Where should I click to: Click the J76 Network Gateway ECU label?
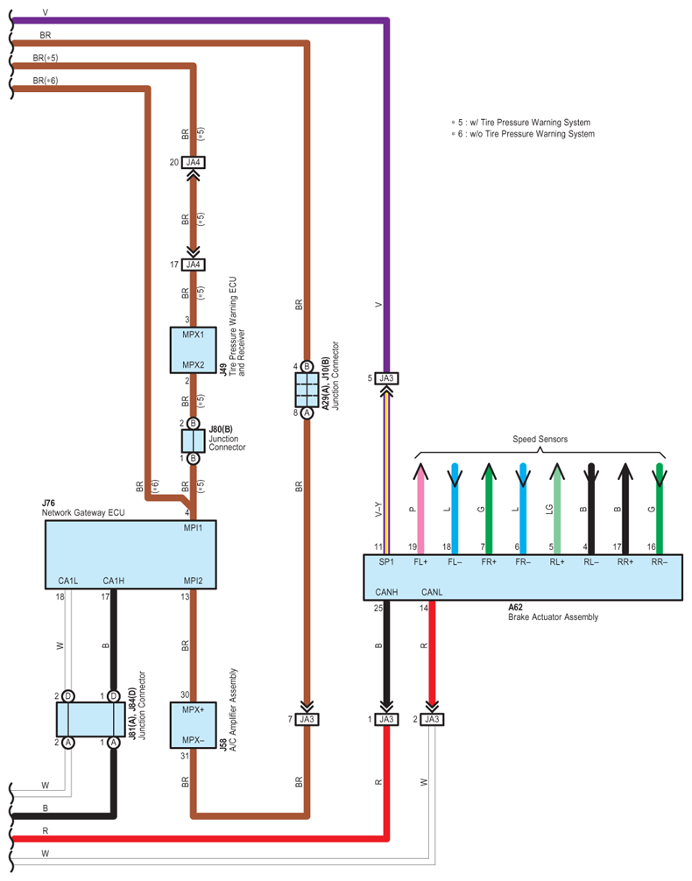click(83, 508)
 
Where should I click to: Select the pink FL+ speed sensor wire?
click(420, 509)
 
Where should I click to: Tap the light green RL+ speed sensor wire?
click(557, 509)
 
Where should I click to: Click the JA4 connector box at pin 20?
click(193, 162)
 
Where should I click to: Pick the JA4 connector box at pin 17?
click(193, 264)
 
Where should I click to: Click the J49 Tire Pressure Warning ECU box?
click(193, 350)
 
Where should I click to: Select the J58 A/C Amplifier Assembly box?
click(193, 725)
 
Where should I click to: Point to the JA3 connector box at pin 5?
click(386, 378)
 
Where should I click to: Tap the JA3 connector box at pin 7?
click(307, 719)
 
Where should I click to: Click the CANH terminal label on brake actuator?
click(386, 592)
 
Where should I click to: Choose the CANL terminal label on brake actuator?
click(432, 592)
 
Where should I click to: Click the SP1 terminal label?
click(386, 562)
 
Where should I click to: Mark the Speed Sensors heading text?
click(540, 439)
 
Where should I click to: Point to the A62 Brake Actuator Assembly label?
click(553, 612)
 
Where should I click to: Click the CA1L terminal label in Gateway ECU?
click(68, 581)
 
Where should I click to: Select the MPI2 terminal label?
click(193, 581)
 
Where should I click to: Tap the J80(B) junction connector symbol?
click(193, 441)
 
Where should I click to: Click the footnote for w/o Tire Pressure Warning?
click(523, 134)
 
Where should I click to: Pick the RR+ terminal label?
click(625, 562)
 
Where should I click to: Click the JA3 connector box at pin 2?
click(432, 719)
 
